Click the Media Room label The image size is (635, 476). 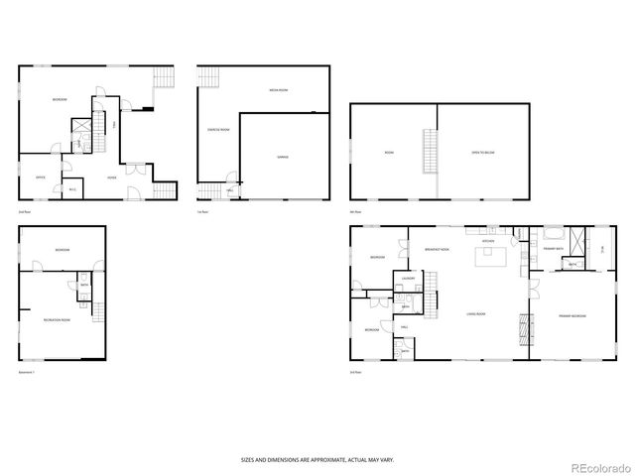point(278,90)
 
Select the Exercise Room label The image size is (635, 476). point(218,130)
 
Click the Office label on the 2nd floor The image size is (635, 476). point(41,178)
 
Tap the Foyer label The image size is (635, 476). point(112,178)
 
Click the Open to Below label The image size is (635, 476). point(483,152)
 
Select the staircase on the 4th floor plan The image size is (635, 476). point(430,151)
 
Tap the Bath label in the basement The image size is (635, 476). point(83,287)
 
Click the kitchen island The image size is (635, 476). point(490,260)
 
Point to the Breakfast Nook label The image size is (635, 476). point(437,250)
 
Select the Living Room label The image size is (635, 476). point(476,314)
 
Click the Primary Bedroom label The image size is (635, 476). point(571,315)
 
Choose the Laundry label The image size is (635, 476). point(407,279)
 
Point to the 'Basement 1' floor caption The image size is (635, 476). point(27,371)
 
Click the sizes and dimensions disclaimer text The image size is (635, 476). point(317,459)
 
